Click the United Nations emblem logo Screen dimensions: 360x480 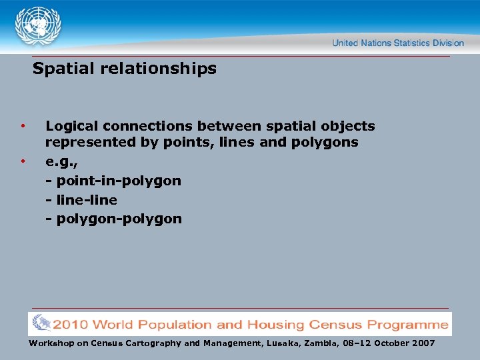(x=39, y=26)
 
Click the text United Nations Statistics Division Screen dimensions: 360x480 (x=398, y=43)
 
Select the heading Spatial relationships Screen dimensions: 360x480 (x=125, y=69)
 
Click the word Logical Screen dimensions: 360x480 (x=71, y=127)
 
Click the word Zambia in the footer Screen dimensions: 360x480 (x=325, y=343)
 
